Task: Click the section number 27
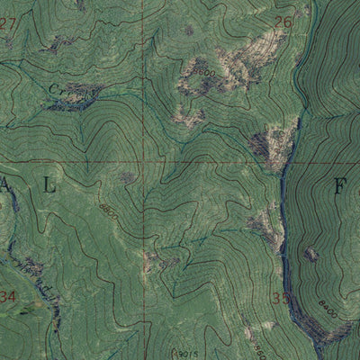8,23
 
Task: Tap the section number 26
283,22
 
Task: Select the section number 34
8,297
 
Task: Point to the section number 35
281,298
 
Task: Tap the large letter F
340,187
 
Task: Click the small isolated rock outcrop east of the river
311,254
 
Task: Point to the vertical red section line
147,90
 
